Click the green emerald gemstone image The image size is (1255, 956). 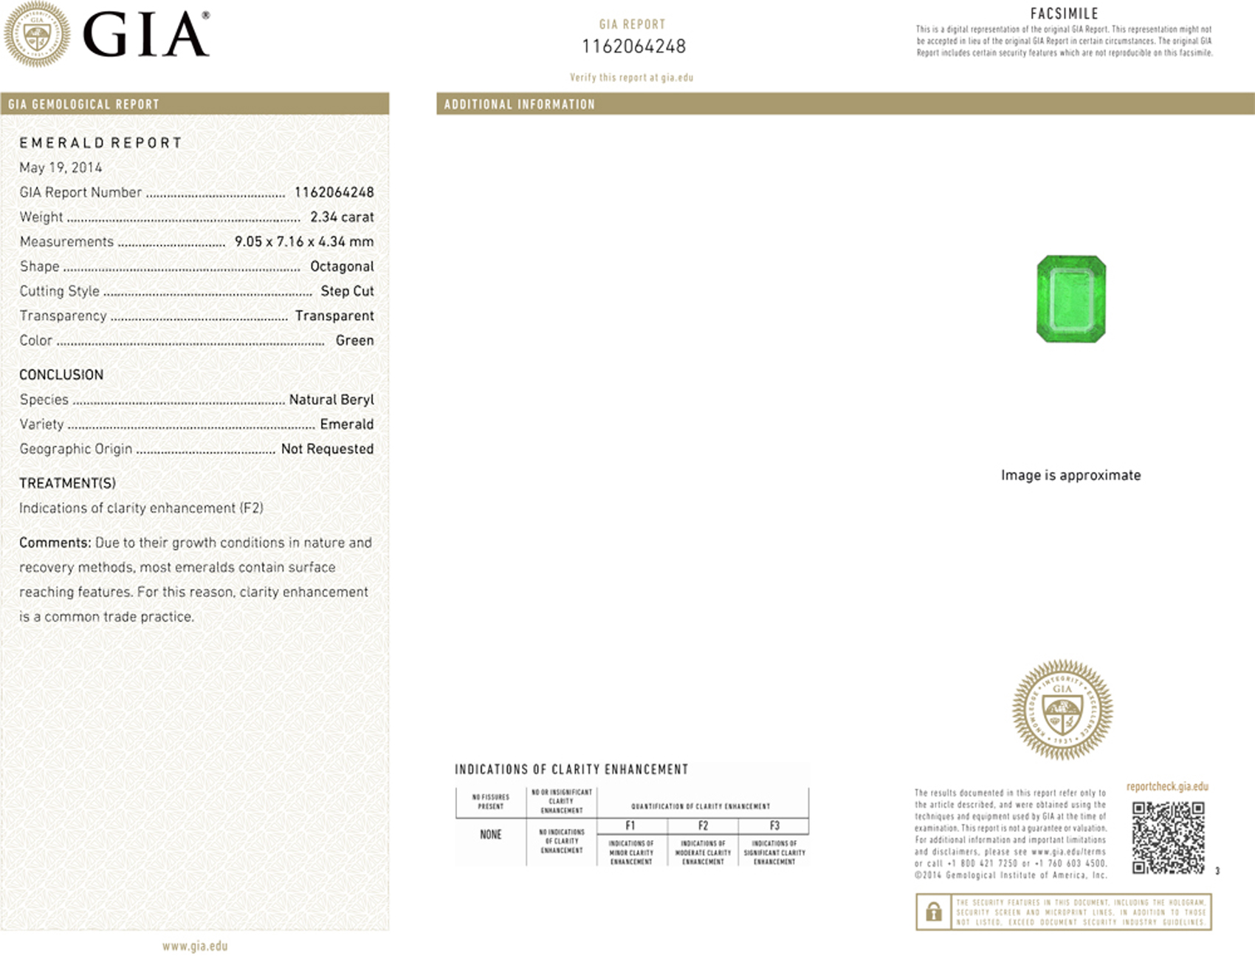click(x=1071, y=298)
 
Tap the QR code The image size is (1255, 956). click(x=1168, y=838)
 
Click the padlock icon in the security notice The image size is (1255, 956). click(x=934, y=912)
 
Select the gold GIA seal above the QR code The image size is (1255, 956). click(x=1062, y=710)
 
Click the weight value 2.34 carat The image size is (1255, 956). click(x=342, y=217)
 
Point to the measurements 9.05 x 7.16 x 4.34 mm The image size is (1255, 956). click(x=304, y=242)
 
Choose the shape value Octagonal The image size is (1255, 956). click(x=342, y=267)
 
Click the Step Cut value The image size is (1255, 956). click(x=347, y=291)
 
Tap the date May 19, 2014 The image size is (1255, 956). click(x=61, y=168)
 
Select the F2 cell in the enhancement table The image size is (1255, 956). click(x=703, y=826)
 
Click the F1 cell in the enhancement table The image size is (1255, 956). click(x=630, y=826)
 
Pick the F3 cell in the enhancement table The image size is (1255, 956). click(x=774, y=826)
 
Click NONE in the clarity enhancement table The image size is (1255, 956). click(x=491, y=835)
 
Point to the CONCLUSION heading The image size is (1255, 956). click(x=61, y=375)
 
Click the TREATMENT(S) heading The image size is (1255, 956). click(x=67, y=483)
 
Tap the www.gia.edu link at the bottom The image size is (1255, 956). click(x=195, y=946)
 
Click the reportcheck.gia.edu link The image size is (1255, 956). click(x=1167, y=787)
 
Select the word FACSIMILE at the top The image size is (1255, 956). click(x=1064, y=13)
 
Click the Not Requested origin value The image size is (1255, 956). click(x=327, y=449)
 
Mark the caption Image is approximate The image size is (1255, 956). click(x=1070, y=475)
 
